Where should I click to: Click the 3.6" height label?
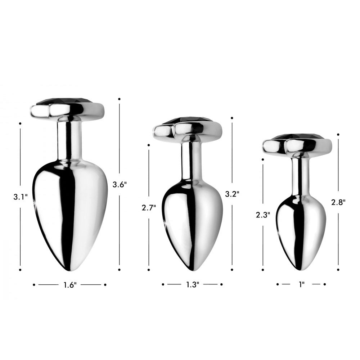pos(120,184)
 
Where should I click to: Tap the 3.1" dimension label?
pos(21,197)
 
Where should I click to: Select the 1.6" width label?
pos(70,285)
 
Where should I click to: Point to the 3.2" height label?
pos(232,194)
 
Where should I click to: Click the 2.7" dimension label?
pos(149,208)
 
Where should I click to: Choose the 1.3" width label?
pos(192,285)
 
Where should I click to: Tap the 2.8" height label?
pos(338,202)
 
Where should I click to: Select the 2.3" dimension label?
pos(263,215)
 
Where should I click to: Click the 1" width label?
pos(301,284)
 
